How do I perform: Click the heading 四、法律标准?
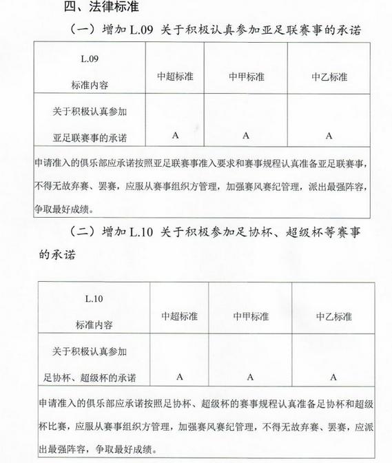pyautogui.click(x=103, y=8)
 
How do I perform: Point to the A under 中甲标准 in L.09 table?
pyautogui.click(x=245, y=135)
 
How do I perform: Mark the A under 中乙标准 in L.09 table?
pyautogui.click(x=329, y=135)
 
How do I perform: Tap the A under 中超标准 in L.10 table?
pyautogui.click(x=179, y=376)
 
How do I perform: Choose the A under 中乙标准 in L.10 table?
pyautogui.click(x=333, y=376)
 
